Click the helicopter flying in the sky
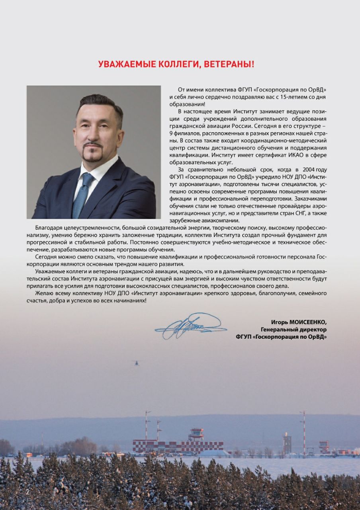[x=137, y=363]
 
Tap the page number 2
[x=27, y=492]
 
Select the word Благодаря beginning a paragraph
[x=49, y=228]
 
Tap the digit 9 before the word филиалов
[x=170, y=133]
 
